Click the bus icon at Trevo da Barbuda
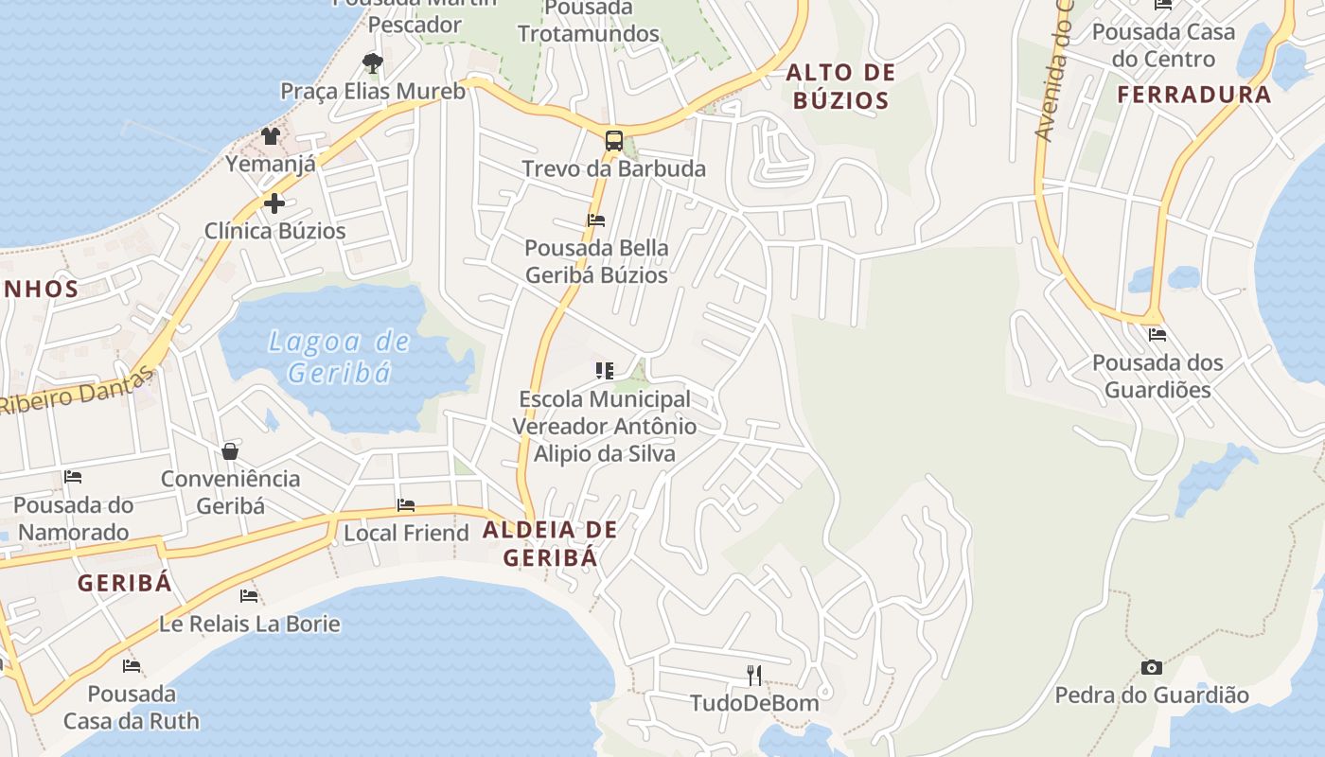(613, 141)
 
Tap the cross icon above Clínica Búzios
(274, 203)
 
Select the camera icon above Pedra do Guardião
(1151, 667)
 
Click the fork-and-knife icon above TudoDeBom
(754, 675)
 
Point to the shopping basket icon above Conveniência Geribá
(230, 450)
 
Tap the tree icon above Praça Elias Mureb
(373, 63)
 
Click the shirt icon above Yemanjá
(271, 136)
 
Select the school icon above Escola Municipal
(604, 370)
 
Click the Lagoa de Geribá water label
(339, 356)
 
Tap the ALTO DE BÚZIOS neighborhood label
(840, 86)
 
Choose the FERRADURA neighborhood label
(1193, 95)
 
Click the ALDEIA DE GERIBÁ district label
(550, 543)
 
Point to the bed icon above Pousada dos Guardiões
(1157, 334)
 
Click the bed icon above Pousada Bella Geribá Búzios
(596, 220)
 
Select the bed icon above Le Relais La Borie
(249, 596)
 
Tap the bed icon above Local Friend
(406, 505)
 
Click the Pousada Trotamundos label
(588, 21)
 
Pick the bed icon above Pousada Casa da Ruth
(132, 666)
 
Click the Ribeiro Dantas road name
(76, 390)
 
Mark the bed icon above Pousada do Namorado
(73, 477)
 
